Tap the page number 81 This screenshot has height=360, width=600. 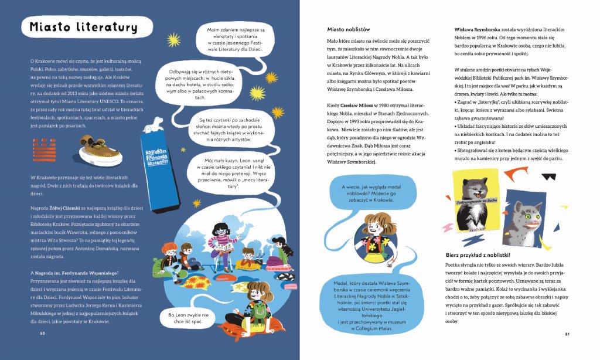coord(567,334)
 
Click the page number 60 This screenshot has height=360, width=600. coord(42,334)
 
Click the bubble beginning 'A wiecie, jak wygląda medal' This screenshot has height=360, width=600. coord(367,193)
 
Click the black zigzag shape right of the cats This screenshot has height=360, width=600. coord(549,175)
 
